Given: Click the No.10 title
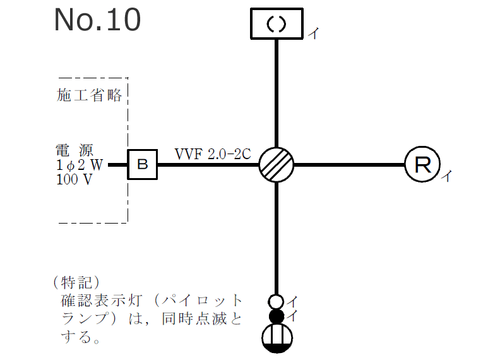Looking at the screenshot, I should (x=97, y=20).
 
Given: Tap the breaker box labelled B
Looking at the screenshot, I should (x=143, y=165).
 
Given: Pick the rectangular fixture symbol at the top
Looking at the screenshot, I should (x=277, y=23).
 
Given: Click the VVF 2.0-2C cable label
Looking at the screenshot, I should (x=213, y=153).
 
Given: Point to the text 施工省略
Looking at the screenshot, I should (x=89, y=95).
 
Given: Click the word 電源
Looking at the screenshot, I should (x=74, y=150).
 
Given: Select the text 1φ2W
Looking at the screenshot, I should (x=78, y=165).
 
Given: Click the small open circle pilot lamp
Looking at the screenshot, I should (x=277, y=302).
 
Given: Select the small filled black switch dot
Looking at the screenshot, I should (x=277, y=316).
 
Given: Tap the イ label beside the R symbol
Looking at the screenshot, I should (x=446, y=176).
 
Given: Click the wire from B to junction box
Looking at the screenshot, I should (x=208, y=165).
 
